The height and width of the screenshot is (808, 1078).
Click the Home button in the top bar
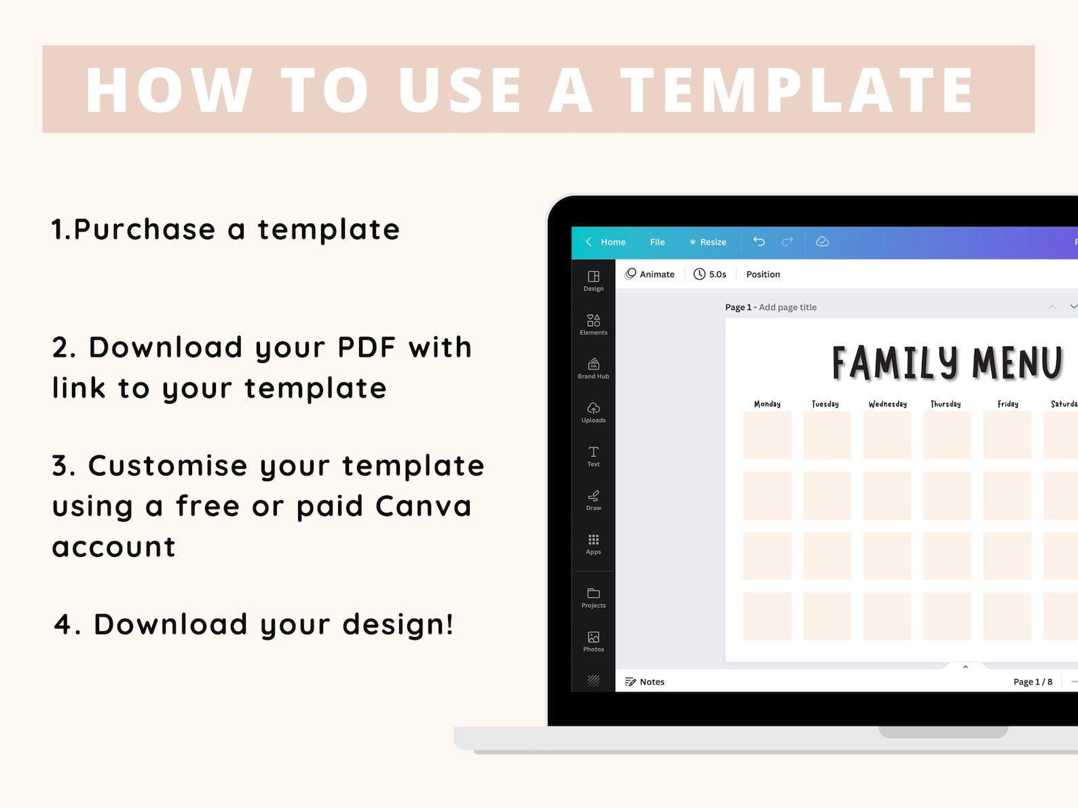click(606, 242)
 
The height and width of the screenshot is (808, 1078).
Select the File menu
click(657, 242)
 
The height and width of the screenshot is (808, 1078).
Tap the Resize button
click(708, 242)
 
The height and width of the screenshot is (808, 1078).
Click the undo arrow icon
click(759, 242)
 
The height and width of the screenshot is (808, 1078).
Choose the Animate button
click(650, 274)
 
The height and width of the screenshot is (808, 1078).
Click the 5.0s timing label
click(709, 274)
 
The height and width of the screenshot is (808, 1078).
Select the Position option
click(763, 274)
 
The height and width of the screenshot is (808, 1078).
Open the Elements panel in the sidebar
click(593, 324)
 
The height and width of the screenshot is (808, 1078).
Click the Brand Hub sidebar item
click(593, 368)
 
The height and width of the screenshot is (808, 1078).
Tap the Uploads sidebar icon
click(593, 412)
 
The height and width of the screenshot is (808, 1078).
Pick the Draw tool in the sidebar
click(593, 500)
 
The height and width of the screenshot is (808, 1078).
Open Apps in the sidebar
click(593, 544)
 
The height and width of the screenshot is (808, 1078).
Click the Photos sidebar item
click(593, 642)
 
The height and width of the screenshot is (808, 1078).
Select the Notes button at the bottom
click(644, 681)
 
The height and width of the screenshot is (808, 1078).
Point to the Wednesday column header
click(887, 404)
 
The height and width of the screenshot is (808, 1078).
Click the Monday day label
click(767, 404)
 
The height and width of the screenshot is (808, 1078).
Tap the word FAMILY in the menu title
click(895, 362)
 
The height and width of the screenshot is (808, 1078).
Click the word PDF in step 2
click(367, 347)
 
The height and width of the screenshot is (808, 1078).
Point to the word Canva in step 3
click(424, 506)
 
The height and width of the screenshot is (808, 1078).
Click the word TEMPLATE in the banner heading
click(796, 90)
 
